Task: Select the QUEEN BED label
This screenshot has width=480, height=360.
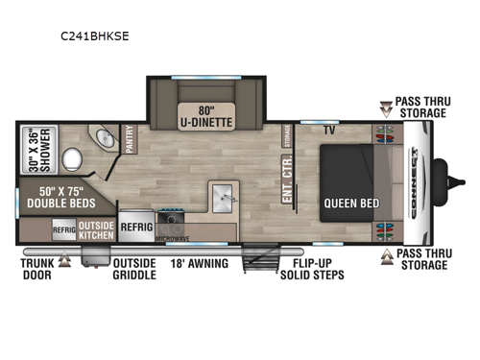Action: click(350, 203)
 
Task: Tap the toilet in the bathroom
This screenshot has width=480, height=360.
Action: click(71, 157)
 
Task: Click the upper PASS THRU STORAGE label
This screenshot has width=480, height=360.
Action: click(420, 107)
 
